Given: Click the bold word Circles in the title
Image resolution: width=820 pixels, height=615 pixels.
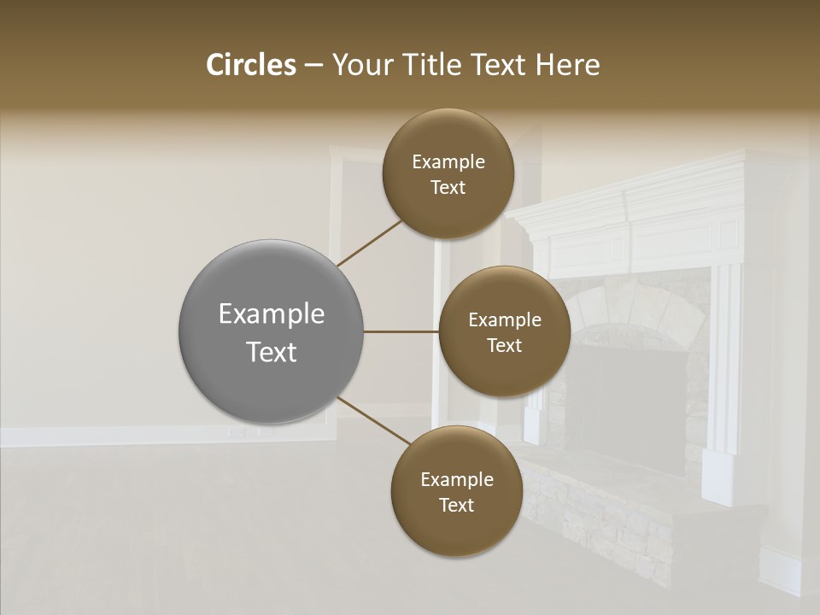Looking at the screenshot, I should [x=250, y=65].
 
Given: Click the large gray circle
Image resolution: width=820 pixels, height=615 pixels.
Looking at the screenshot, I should [x=271, y=331].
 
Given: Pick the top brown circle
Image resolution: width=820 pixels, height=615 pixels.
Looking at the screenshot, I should [x=448, y=173].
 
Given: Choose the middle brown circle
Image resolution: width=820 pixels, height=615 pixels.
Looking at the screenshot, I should [x=504, y=331].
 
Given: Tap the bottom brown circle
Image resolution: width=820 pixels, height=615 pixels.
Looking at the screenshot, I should [x=455, y=491].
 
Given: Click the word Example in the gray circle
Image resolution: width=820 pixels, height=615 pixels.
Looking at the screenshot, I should [x=271, y=313].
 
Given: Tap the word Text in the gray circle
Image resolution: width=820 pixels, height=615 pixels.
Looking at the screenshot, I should [x=271, y=352].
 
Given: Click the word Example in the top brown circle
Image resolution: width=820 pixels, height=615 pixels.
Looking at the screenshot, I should [x=448, y=161].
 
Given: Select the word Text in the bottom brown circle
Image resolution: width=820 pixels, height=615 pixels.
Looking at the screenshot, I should [x=455, y=505].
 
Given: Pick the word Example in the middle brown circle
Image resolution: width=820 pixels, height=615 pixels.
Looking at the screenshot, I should [x=504, y=319].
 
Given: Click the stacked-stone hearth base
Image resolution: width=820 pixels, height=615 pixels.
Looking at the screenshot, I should [x=598, y=512].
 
